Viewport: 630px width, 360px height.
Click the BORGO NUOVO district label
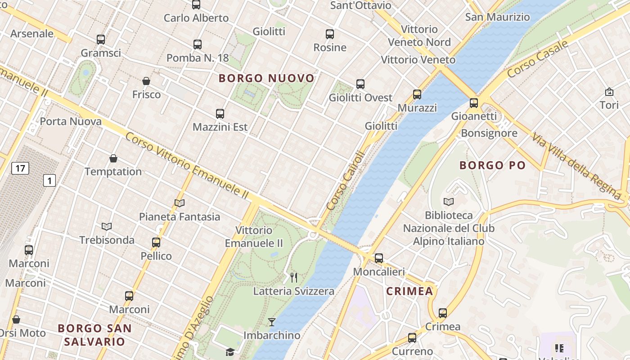[266, 78]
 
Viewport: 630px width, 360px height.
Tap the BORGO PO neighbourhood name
[492, 165]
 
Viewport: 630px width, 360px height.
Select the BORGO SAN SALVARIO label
[94, 334]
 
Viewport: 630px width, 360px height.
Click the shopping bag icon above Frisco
[146, 81]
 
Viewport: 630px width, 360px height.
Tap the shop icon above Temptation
[113, 158]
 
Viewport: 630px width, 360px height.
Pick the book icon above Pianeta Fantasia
[180, 203]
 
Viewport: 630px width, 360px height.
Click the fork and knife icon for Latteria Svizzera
[294, 277]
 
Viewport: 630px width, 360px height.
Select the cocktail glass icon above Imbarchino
[272, 322]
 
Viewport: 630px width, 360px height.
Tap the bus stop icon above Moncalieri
[379, 258]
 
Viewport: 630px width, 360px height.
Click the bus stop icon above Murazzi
[417, 94]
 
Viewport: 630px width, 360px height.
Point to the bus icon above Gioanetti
[474, 103]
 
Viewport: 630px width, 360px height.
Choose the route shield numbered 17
[19, 169]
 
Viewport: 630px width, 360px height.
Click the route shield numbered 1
[49, 181]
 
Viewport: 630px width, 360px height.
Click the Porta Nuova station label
[71, 121]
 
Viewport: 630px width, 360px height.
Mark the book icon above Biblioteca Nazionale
[449, 202]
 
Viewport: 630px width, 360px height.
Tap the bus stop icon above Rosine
[330, 34]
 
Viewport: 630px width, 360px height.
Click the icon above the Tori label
[609, 92]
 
